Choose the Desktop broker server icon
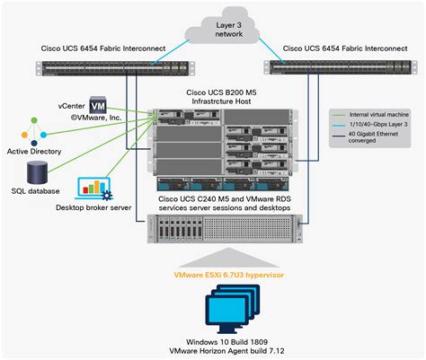[x=94, y=189]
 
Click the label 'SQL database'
[x=37, y=191]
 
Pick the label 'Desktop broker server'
[x=93, y=208]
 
